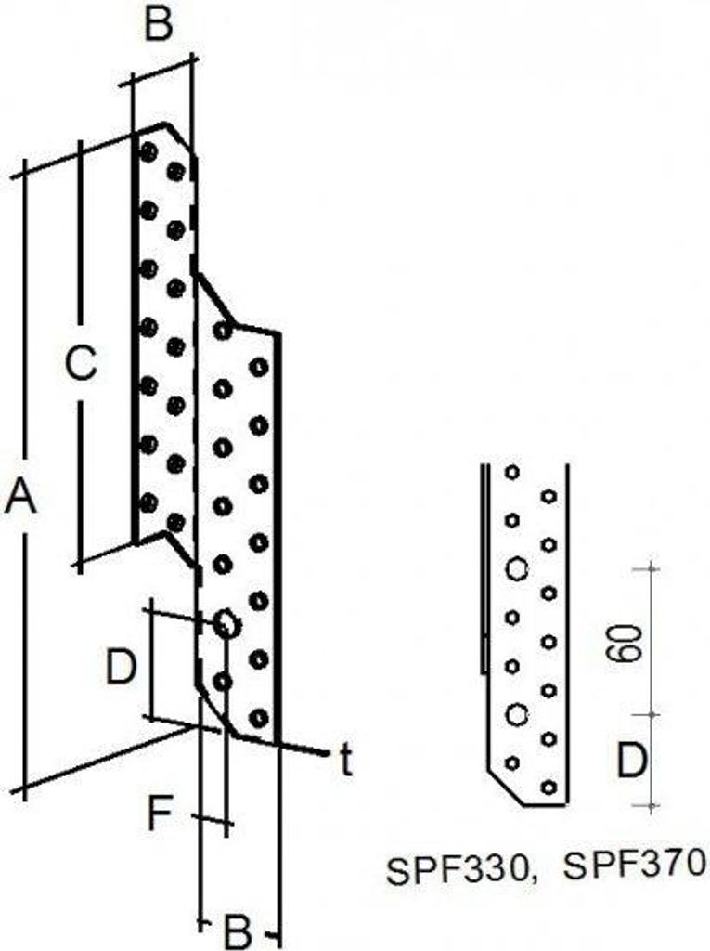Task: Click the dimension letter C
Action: [x=81, y=363]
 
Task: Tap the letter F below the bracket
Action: [x=160, y=813]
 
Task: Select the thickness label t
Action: [x=345, y=760]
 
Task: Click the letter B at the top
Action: [x=159, y=24]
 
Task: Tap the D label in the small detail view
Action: [x=631, y=761]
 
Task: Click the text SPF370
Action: [x=635, y=865]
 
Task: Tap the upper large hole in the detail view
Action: [x=516, y=569]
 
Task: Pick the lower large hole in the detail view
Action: [x=516, y=714]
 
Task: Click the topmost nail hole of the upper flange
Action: [x=148, y=151]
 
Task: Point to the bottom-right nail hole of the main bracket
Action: [x=259, y=718]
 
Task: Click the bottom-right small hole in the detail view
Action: [x=549, y=788]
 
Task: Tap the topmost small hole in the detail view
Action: [x=512, y=472]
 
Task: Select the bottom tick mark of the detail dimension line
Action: [x=652, y=806]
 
